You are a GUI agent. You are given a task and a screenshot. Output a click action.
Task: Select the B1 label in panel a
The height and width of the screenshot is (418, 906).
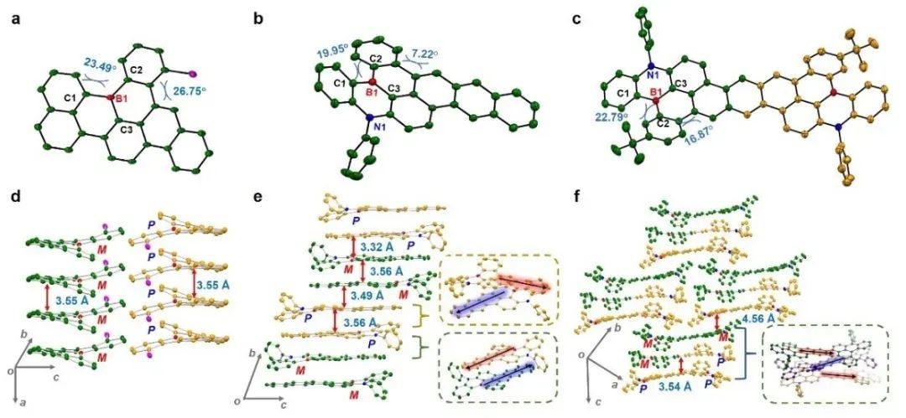pos(120,100)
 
